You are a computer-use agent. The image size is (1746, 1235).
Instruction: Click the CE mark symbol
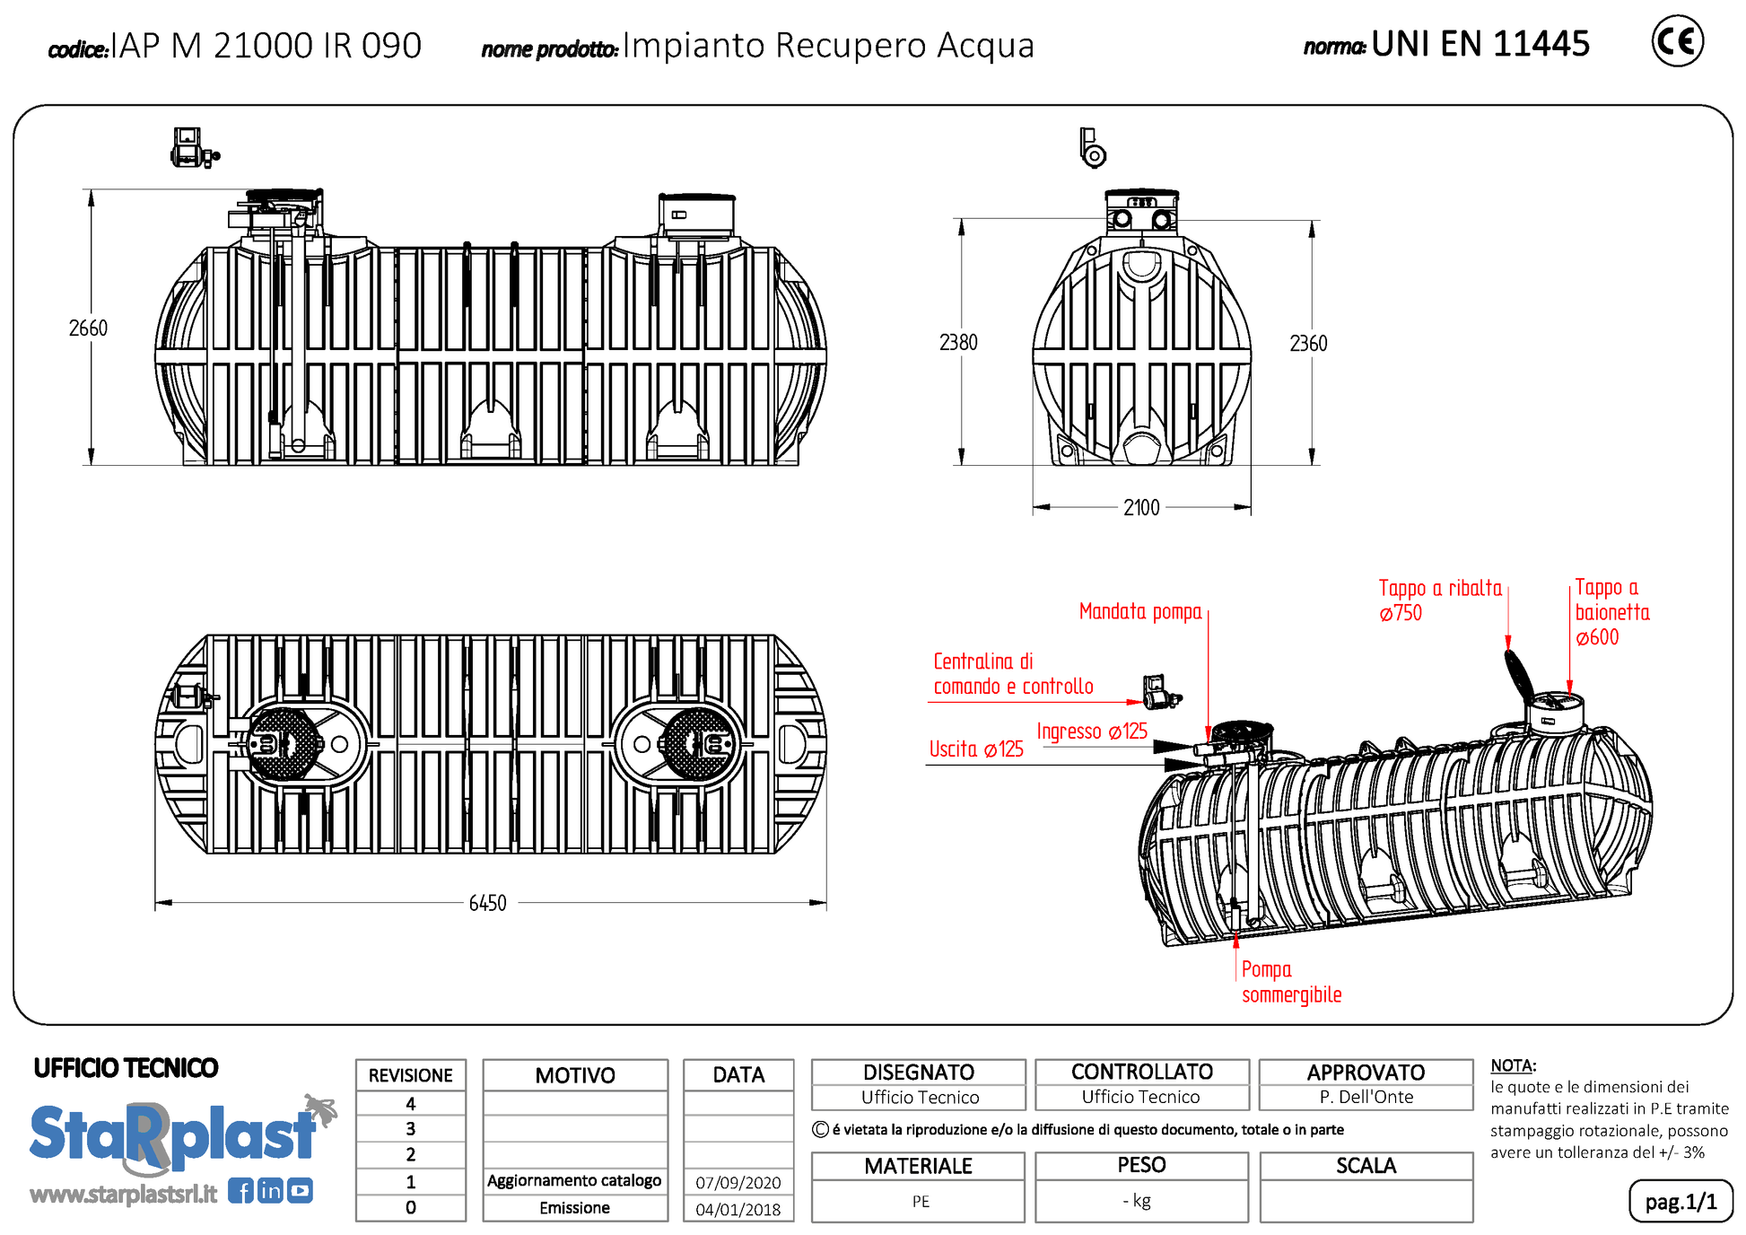click(x=1677, y=41)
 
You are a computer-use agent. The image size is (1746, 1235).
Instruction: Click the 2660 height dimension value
click(x=88, y=328)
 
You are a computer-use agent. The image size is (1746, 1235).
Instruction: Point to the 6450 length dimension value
click(x=487, y=903)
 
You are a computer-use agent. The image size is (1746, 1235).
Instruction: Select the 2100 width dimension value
click(x=1141, y=508)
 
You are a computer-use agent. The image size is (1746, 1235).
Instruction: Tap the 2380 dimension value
click(x=958, y=343)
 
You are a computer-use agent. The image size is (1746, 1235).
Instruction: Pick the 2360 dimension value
click(x=1308, y=344)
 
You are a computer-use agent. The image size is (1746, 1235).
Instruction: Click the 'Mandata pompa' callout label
click(x=1139, y=612)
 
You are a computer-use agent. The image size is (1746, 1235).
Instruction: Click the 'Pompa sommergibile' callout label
click(x=1291, y=982)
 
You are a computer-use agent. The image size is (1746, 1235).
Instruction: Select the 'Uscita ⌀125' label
click(x=976, y=749)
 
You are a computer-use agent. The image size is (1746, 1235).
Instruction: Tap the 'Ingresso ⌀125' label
click(x=1092, y=731)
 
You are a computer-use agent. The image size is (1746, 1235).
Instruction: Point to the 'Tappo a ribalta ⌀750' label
click(x=1439, y=600)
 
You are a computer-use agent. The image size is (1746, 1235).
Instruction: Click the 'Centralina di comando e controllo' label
click(x=1013, y=674)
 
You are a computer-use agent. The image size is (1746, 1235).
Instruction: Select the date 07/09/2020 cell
click(x=738, y=1183)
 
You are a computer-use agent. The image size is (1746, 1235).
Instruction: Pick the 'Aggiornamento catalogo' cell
click(x=574, y=1181)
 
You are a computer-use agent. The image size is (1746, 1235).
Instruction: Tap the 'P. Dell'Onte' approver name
click(x=1366, y=1097)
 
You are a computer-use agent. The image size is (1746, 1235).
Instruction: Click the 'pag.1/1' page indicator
click(x=1681, y=1202)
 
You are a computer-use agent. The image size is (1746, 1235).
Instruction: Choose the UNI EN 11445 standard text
click(x=1480, y=44)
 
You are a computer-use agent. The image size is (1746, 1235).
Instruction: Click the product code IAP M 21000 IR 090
click(x=266, y=46)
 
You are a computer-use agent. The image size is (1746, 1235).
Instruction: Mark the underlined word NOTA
click(x=1512, y=1066)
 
